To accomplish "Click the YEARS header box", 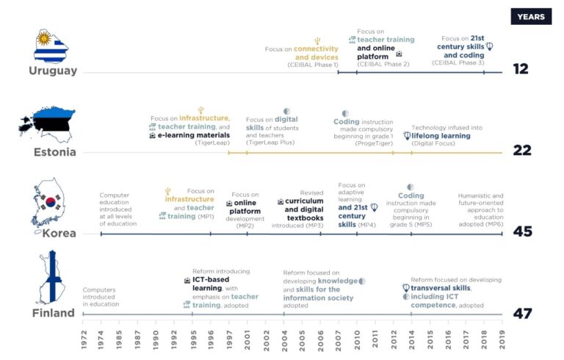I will (531, 16).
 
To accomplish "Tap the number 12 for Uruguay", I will (521, 69).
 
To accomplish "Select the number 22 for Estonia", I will (521, 151).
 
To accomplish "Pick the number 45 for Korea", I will (521, 232).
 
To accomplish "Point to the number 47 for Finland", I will (521, 314).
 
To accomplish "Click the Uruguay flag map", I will (51, 46).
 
